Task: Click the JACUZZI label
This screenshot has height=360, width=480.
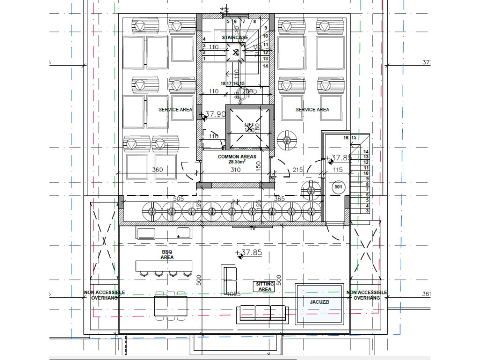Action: point(319,302)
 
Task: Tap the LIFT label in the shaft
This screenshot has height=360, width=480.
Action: point(249,124)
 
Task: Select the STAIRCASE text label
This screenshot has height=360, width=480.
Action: point(235,37)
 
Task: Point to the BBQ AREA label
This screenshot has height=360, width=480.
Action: point(167,255)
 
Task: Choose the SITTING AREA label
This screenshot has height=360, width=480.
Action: point(265,287)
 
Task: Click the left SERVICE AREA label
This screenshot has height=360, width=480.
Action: point(175,110)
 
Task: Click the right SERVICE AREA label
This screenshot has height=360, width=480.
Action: point(312,110)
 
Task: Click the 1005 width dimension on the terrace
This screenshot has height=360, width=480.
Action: point(233,294)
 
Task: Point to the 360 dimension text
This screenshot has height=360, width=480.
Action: point(157,170)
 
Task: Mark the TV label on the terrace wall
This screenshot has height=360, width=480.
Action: point(252,228)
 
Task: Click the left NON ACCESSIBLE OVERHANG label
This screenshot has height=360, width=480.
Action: point(105,295)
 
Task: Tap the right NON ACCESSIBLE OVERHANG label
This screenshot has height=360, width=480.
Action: point(367,295)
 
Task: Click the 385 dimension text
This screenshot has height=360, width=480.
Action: point(279,199)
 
